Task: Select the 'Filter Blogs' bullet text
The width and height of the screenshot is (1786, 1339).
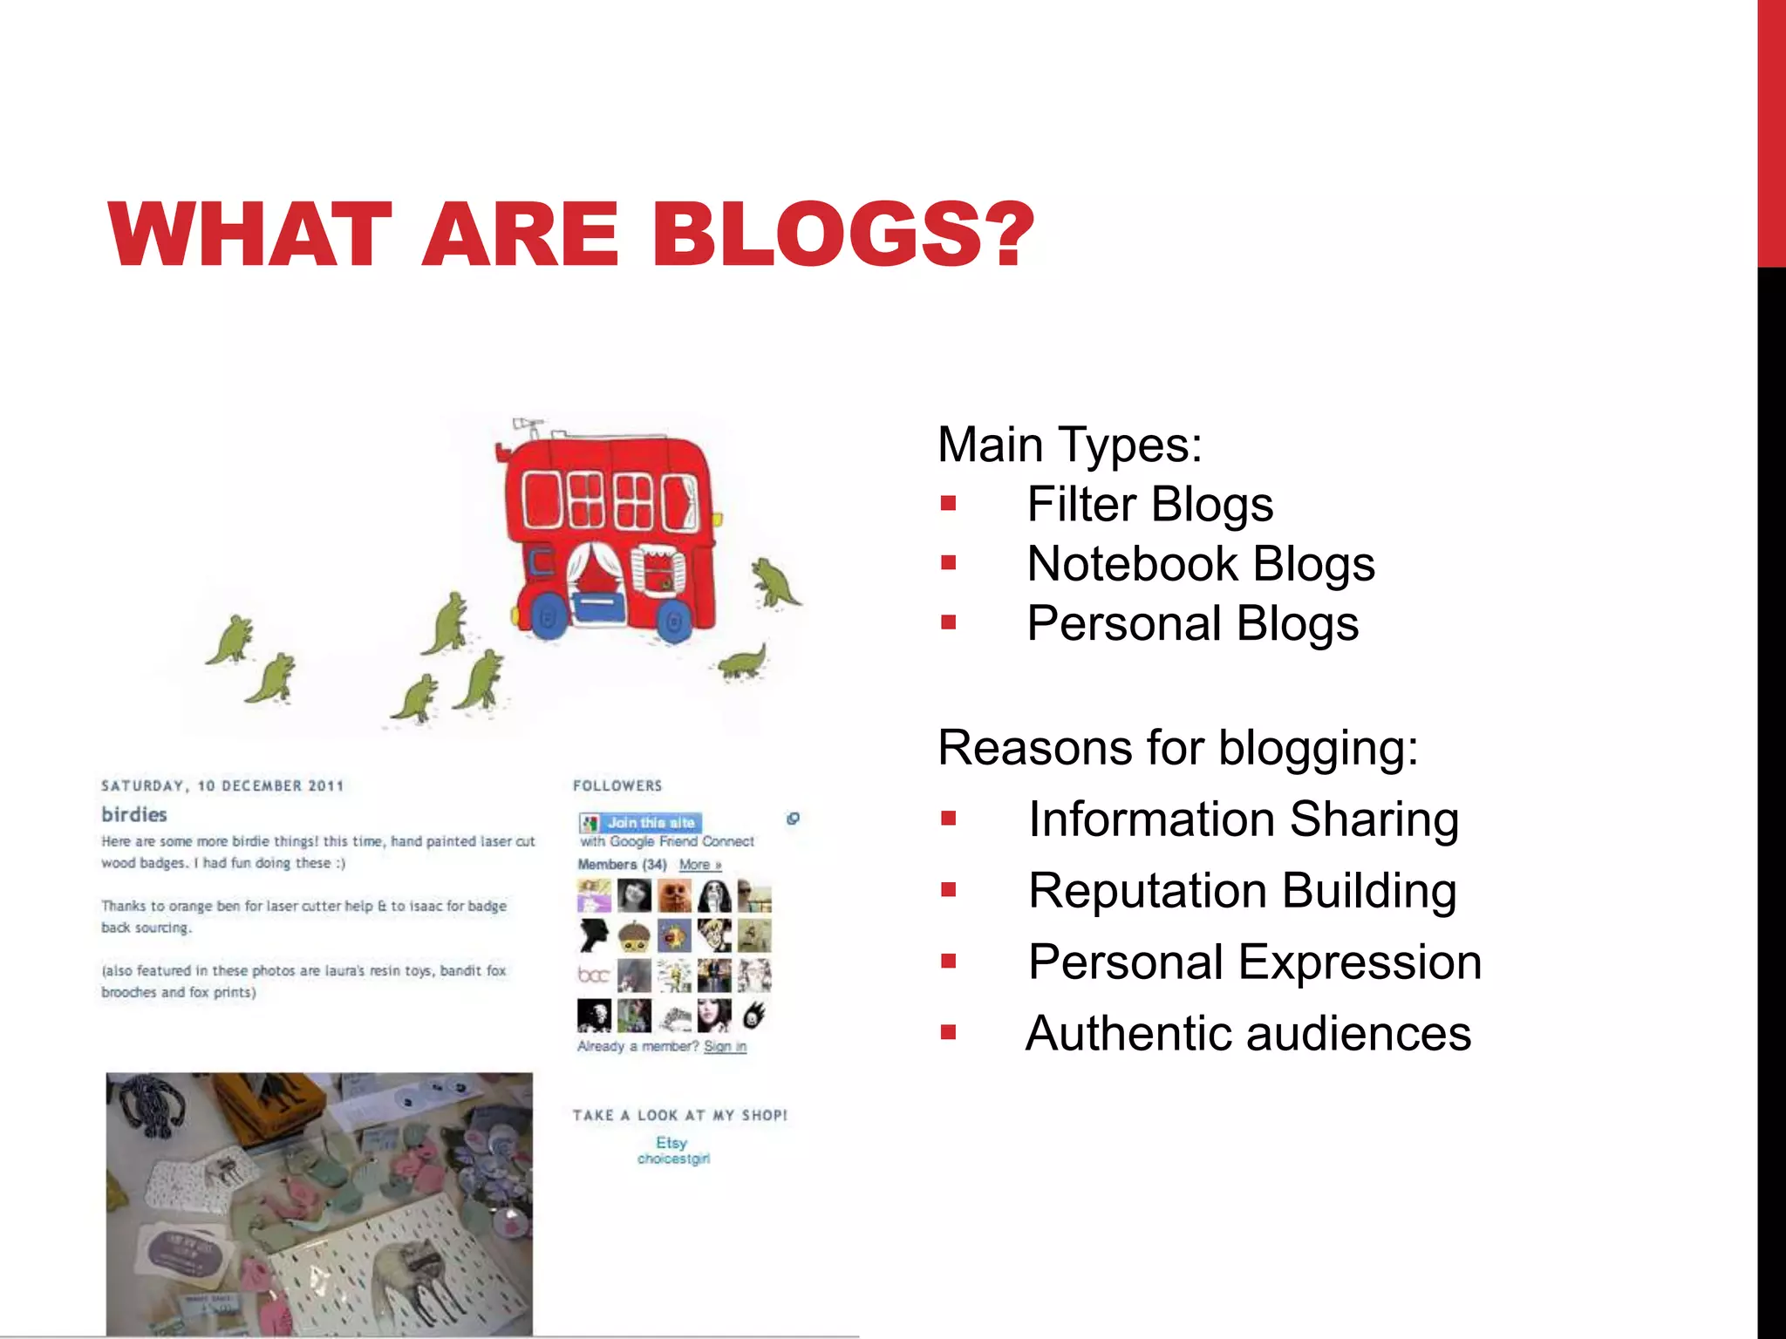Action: coord(1149,505)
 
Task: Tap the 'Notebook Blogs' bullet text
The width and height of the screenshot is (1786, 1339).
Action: coord(1200,564)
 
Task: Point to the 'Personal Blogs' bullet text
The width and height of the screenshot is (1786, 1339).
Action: coord(1192,624)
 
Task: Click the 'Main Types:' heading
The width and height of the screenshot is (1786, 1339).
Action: coord(1069,445)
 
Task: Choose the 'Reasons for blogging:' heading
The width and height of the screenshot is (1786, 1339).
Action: coord(1177,748)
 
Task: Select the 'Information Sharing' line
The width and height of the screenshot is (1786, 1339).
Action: coord(1243,819)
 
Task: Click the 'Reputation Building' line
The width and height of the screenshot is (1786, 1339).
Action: coord(1242,891)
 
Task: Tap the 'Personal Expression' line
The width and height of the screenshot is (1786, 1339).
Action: coord(1254,962)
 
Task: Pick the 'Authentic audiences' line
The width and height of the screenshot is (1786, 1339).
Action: coord(1248,1034)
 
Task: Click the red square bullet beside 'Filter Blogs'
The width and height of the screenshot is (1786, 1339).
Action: coord(949,504)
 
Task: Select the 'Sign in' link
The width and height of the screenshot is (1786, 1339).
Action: coord(725,1046)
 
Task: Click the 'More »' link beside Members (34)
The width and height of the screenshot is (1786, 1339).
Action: coord(699,865)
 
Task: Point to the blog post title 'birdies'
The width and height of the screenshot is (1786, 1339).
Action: coord(133,814)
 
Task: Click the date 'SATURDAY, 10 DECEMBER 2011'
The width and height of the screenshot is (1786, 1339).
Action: coord(222,785)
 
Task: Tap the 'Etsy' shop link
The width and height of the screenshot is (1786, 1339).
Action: coord(671,1142)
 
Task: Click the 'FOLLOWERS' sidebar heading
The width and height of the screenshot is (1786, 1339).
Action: coord(617,785)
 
